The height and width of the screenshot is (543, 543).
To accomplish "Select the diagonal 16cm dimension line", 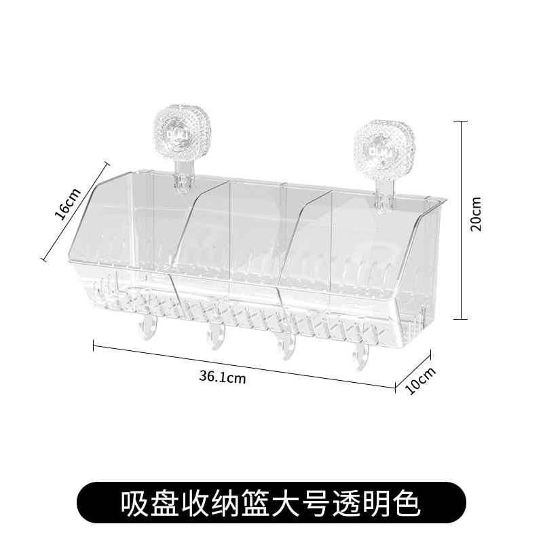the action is [x=75, y=210].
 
